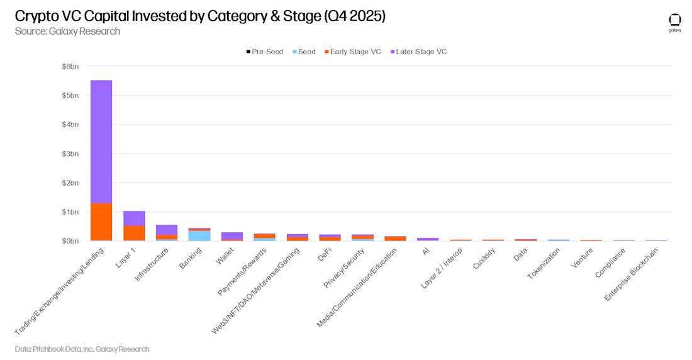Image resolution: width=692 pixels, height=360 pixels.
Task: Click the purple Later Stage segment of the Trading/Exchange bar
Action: (101, 142)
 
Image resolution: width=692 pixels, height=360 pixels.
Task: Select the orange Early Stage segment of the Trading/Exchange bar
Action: (101, 222)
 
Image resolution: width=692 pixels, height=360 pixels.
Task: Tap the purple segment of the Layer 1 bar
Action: (134, 218)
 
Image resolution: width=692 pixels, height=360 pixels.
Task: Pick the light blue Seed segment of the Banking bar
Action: (199, 235)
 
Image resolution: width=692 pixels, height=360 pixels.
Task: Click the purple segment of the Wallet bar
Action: (232, 235)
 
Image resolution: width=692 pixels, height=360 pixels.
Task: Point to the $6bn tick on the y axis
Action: (70, 66)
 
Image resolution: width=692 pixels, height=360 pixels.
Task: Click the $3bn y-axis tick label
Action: (70, 154)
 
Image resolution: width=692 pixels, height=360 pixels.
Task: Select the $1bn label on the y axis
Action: (70, 212)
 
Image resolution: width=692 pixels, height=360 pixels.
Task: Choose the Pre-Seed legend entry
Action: (265, 52)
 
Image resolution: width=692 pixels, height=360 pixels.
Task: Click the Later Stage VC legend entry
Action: (418, 52)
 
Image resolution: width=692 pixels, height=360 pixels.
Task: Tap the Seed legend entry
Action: (304, 52)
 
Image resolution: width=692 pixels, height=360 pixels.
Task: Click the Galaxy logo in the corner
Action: (675, 23)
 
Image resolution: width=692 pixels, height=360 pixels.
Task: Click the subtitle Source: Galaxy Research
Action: (67, 31)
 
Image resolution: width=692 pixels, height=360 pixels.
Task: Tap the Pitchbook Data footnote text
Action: (82, 349)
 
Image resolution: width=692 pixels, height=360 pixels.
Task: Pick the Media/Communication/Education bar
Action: (396, 239)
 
